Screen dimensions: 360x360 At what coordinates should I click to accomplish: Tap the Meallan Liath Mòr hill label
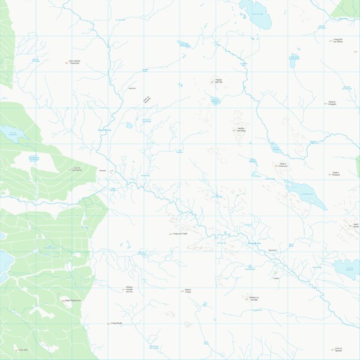coord(218,81)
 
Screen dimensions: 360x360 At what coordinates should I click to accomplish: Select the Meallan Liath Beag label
coord(241,129)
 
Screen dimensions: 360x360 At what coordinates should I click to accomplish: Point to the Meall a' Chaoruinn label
coord(282,165)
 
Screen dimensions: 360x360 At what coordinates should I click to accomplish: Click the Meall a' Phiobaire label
coord(336,174)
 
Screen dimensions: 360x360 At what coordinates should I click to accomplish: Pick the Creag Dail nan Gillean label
coord(338,40)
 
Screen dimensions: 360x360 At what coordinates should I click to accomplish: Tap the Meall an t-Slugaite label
coord(332,103)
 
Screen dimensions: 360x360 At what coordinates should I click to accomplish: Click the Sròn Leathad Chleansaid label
coord(74,62)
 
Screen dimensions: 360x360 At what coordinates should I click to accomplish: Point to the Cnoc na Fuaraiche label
coord(78,168)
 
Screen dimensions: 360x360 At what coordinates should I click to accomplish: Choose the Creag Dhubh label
coord(116,323)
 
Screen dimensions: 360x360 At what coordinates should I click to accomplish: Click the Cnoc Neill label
coord(23,350)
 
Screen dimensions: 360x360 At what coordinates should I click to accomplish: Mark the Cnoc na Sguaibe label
coord(338,349)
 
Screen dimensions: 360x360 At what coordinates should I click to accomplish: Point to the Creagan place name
coord(276,278)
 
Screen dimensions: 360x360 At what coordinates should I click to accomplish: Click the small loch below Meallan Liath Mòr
coord(215,102)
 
